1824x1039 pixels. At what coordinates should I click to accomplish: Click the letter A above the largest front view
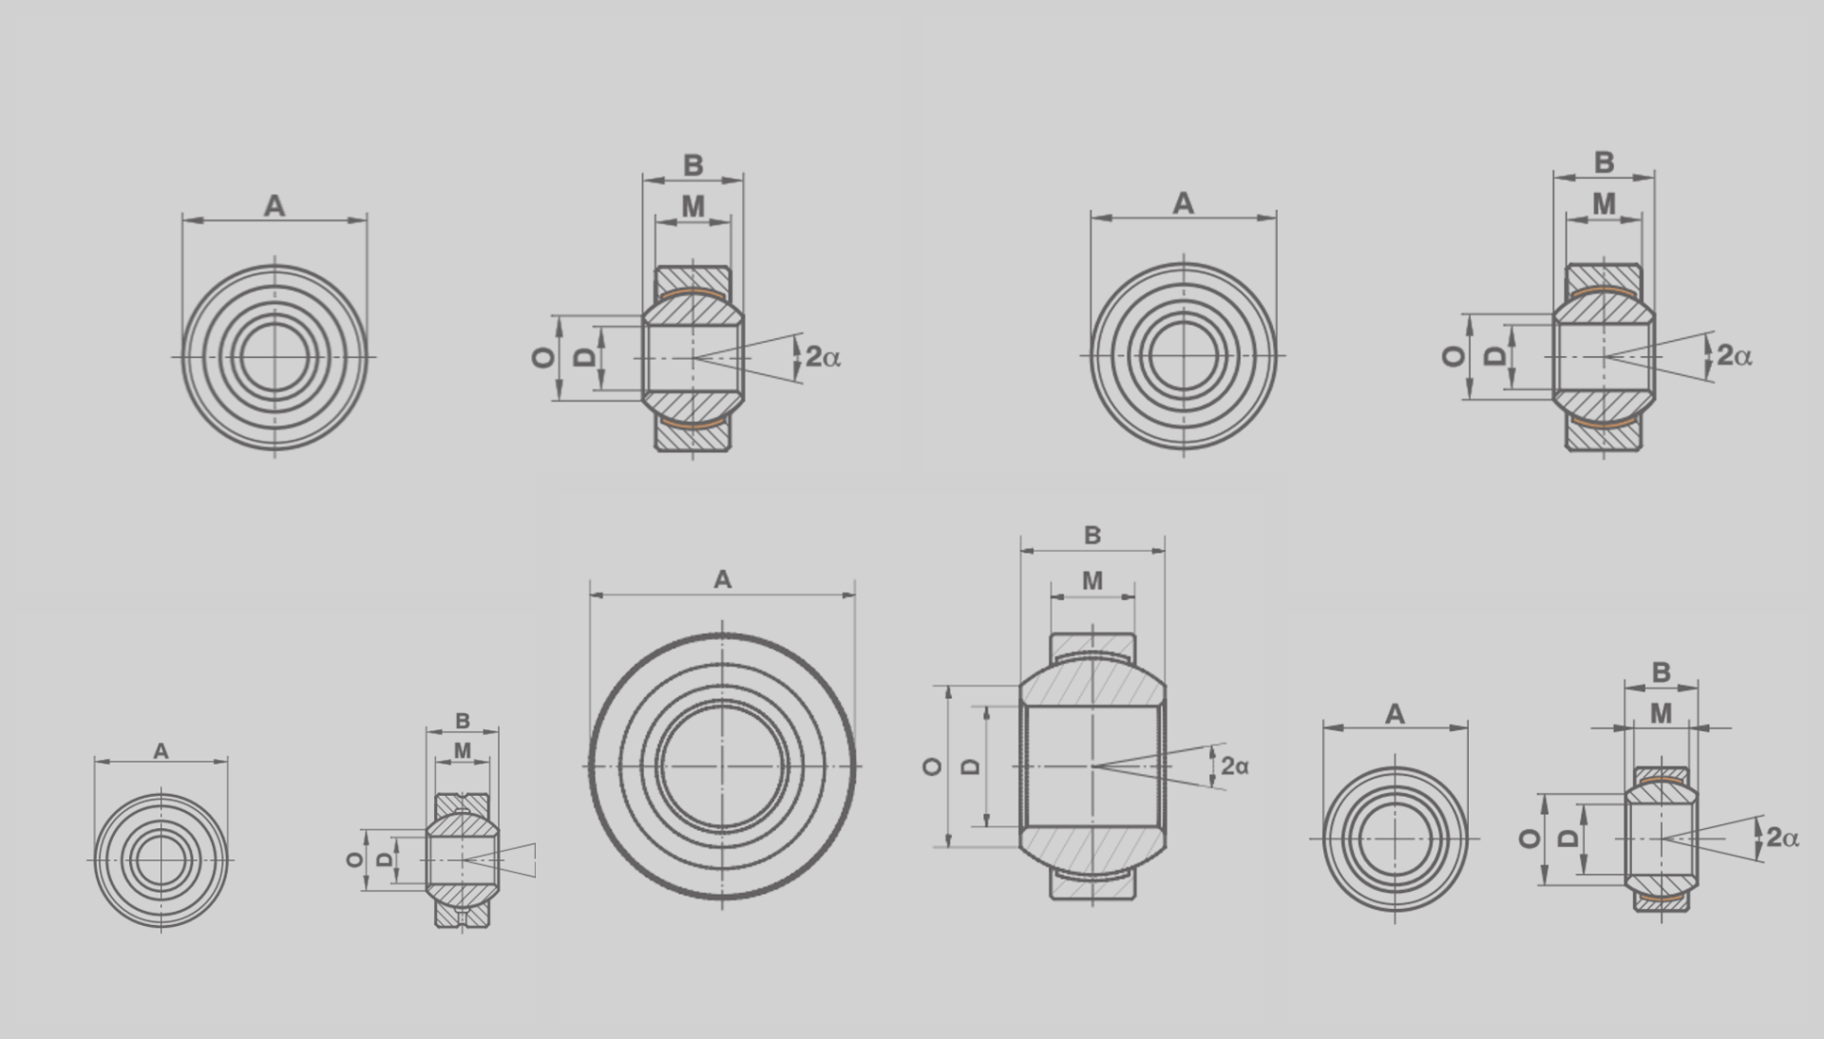coord(722,579)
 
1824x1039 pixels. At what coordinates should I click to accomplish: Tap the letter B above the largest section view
coord(1092,536)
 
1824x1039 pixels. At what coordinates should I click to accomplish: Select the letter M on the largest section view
coord(1092,580)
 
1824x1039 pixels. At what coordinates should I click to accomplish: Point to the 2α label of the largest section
coord(1235,765)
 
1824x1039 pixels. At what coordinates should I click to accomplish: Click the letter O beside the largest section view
coord(933,766)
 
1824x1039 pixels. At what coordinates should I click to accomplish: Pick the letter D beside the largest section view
coord(971,766)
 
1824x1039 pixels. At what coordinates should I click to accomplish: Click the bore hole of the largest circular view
coord(722,766)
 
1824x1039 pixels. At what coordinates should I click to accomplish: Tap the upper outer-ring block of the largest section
coord(1092,647)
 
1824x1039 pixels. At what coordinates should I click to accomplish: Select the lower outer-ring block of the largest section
coord(1092,884)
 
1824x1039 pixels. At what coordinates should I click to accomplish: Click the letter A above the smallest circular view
coord(161,751)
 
